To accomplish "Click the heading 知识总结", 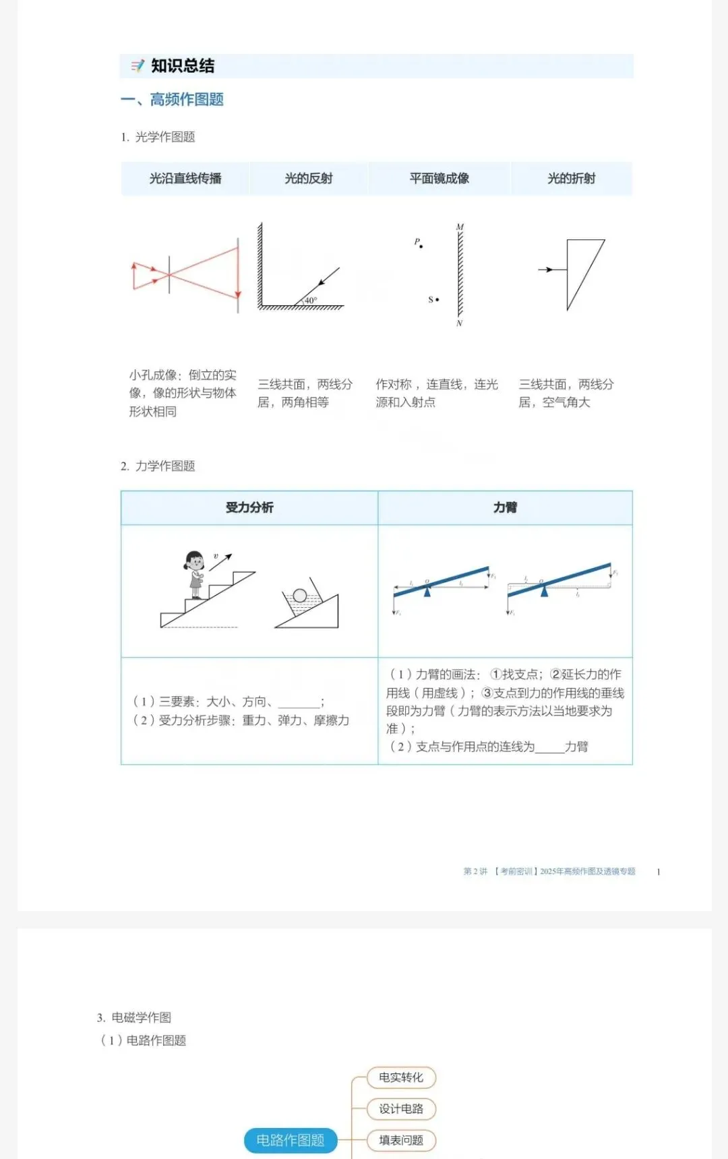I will (x=182, y=66).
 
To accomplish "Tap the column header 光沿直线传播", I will (x=185, y=179).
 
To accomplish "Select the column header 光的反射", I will (x=309, y=179).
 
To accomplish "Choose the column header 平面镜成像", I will (x=439, y=179).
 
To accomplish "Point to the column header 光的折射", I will (x=572, y=179).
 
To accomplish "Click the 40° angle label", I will (x=310, y=301).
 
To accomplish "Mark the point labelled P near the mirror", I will (x=421, y=247).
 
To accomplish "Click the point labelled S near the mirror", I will (x=437, y=299).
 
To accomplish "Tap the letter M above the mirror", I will (x=460, y=227).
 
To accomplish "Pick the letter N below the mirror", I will (x=460, y=323).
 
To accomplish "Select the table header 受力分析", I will (x=249, y=507).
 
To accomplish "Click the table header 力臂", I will (x=505, y=507).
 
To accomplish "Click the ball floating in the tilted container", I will (x=300, y=596).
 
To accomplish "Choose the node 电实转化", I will (x=401, y=1077).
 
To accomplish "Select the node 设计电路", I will (x=401, y=1109).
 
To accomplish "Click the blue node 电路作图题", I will (x=291, y=1140).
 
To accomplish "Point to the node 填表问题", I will (x=401, y=1140).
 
